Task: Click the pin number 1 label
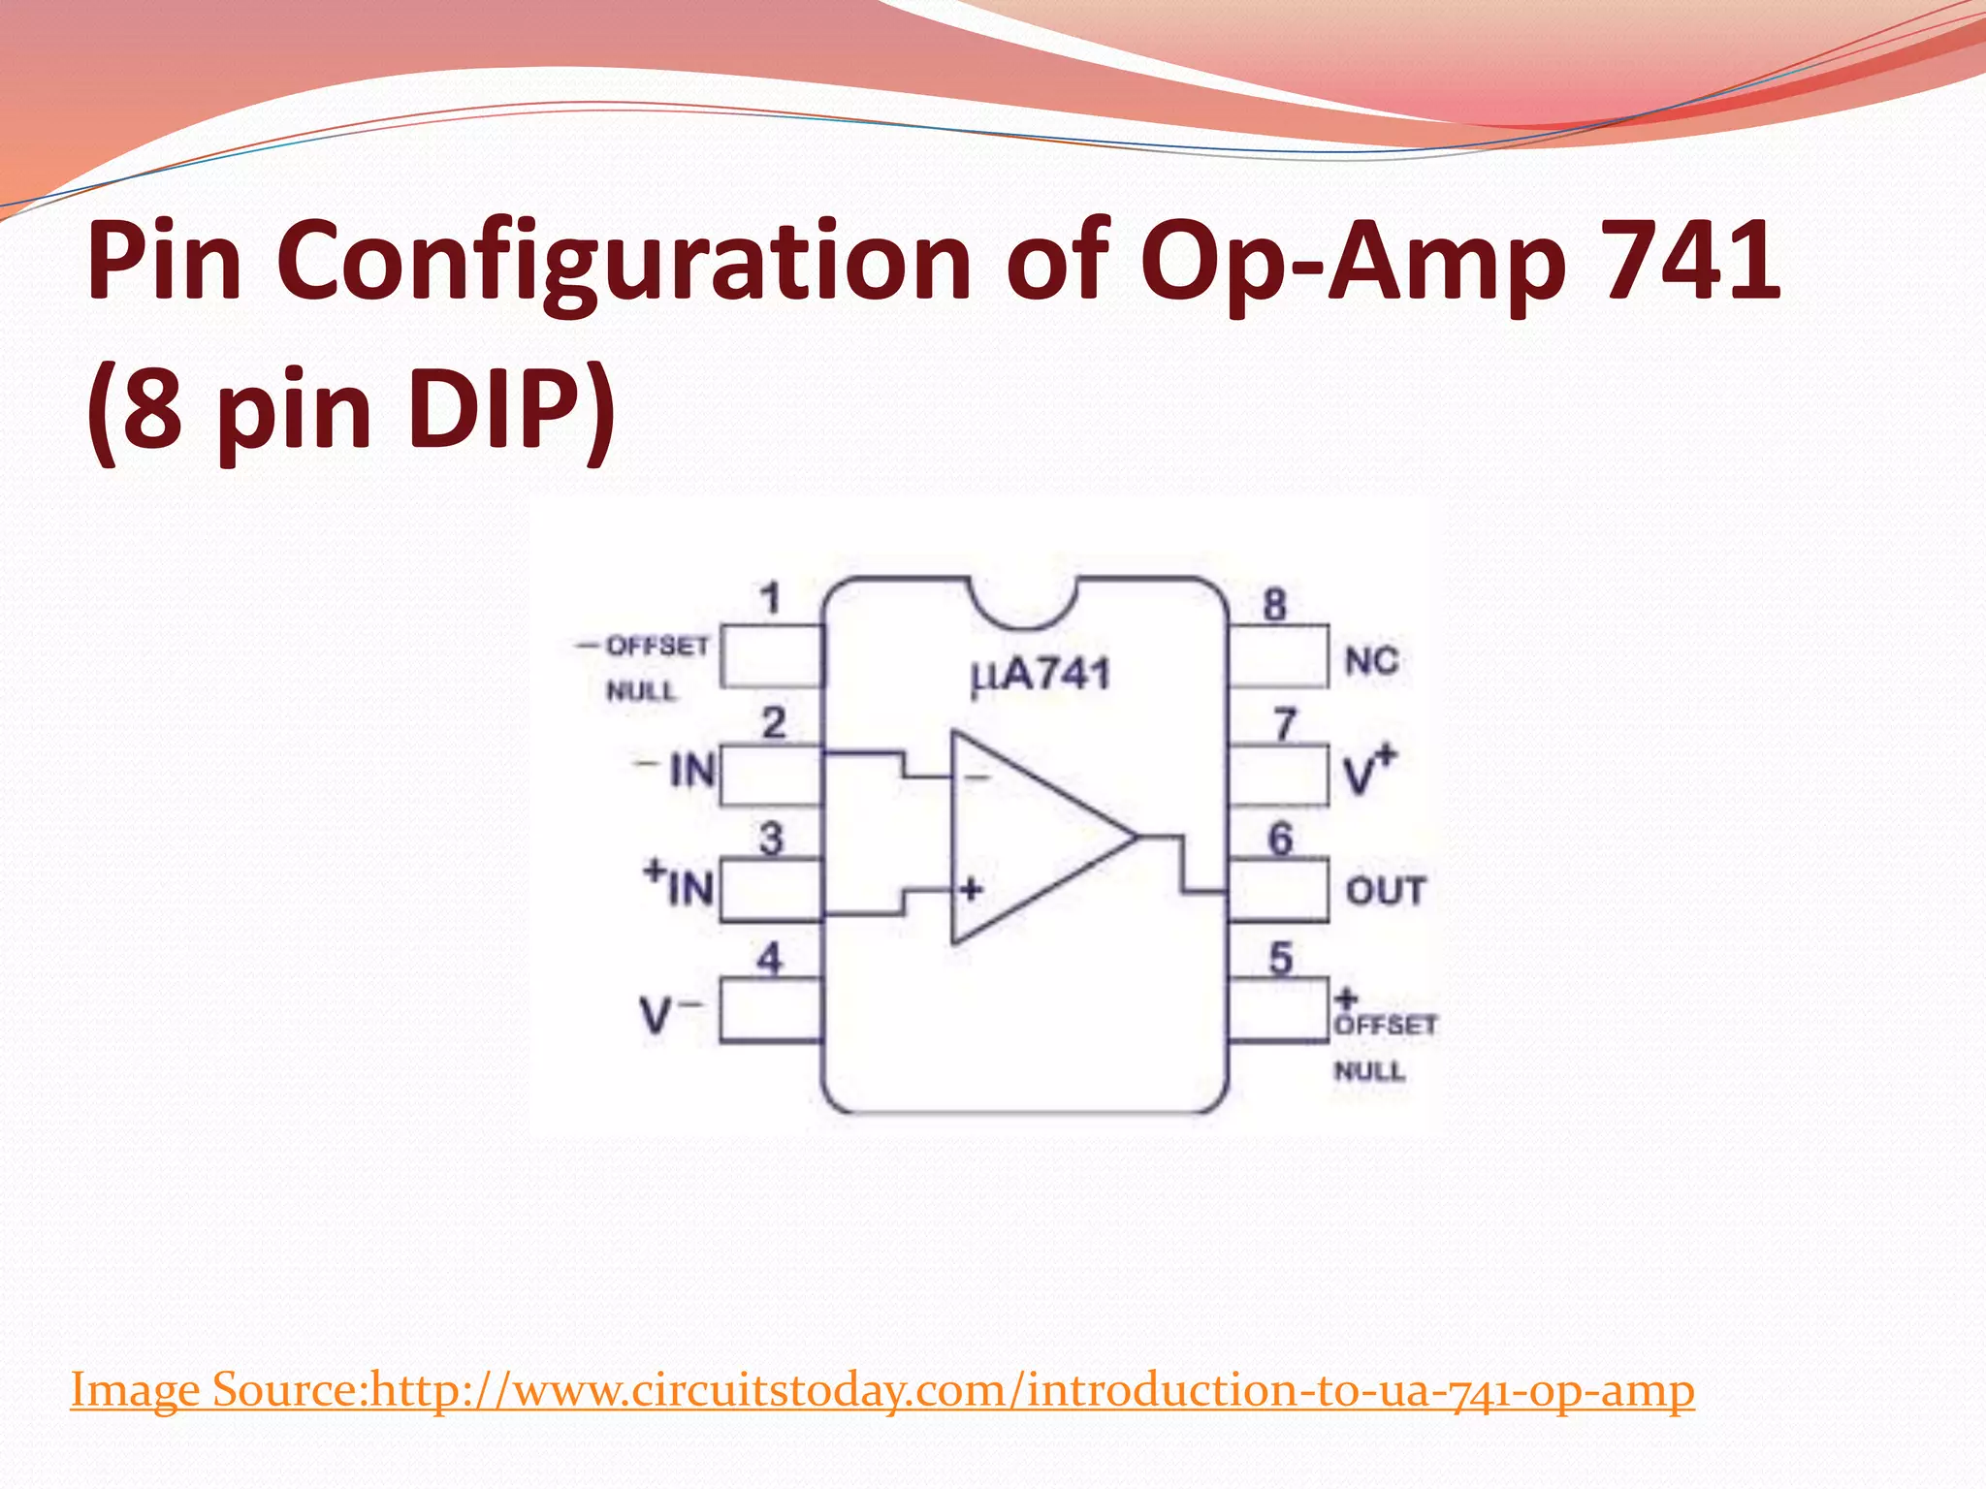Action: click(x=771, y=598)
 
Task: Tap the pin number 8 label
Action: click(x=1274, y=605)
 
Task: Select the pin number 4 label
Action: click(x=770, y=959)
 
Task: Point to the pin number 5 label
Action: click(x=1281, y=959)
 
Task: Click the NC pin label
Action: click(x=1371, y=662)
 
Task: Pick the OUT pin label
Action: click(x=1386, y=891)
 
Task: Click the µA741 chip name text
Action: click(x=1041, y=675)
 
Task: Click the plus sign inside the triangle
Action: click(x=971, y=888)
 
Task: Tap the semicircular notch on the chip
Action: click(x=1024, y=601)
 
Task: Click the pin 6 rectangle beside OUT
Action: click(x=1278, y=890)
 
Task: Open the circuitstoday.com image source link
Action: click(x=882, y=1390)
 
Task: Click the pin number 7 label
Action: click(x=1284, y=724)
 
